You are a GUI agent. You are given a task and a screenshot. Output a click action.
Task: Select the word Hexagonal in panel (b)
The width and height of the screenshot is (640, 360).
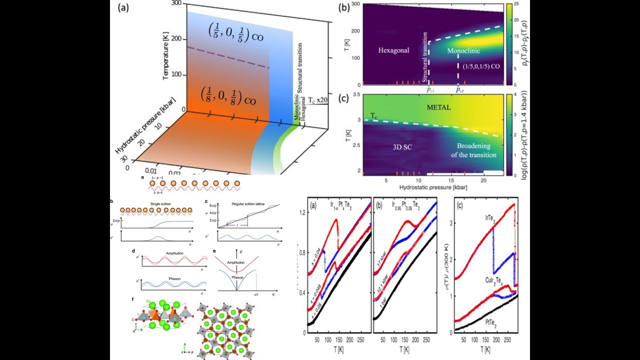pyautogui.click(x=394, y=50)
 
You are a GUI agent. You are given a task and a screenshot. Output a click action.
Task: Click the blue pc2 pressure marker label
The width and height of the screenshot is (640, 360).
pyautogui.click(x=458, y=90)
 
